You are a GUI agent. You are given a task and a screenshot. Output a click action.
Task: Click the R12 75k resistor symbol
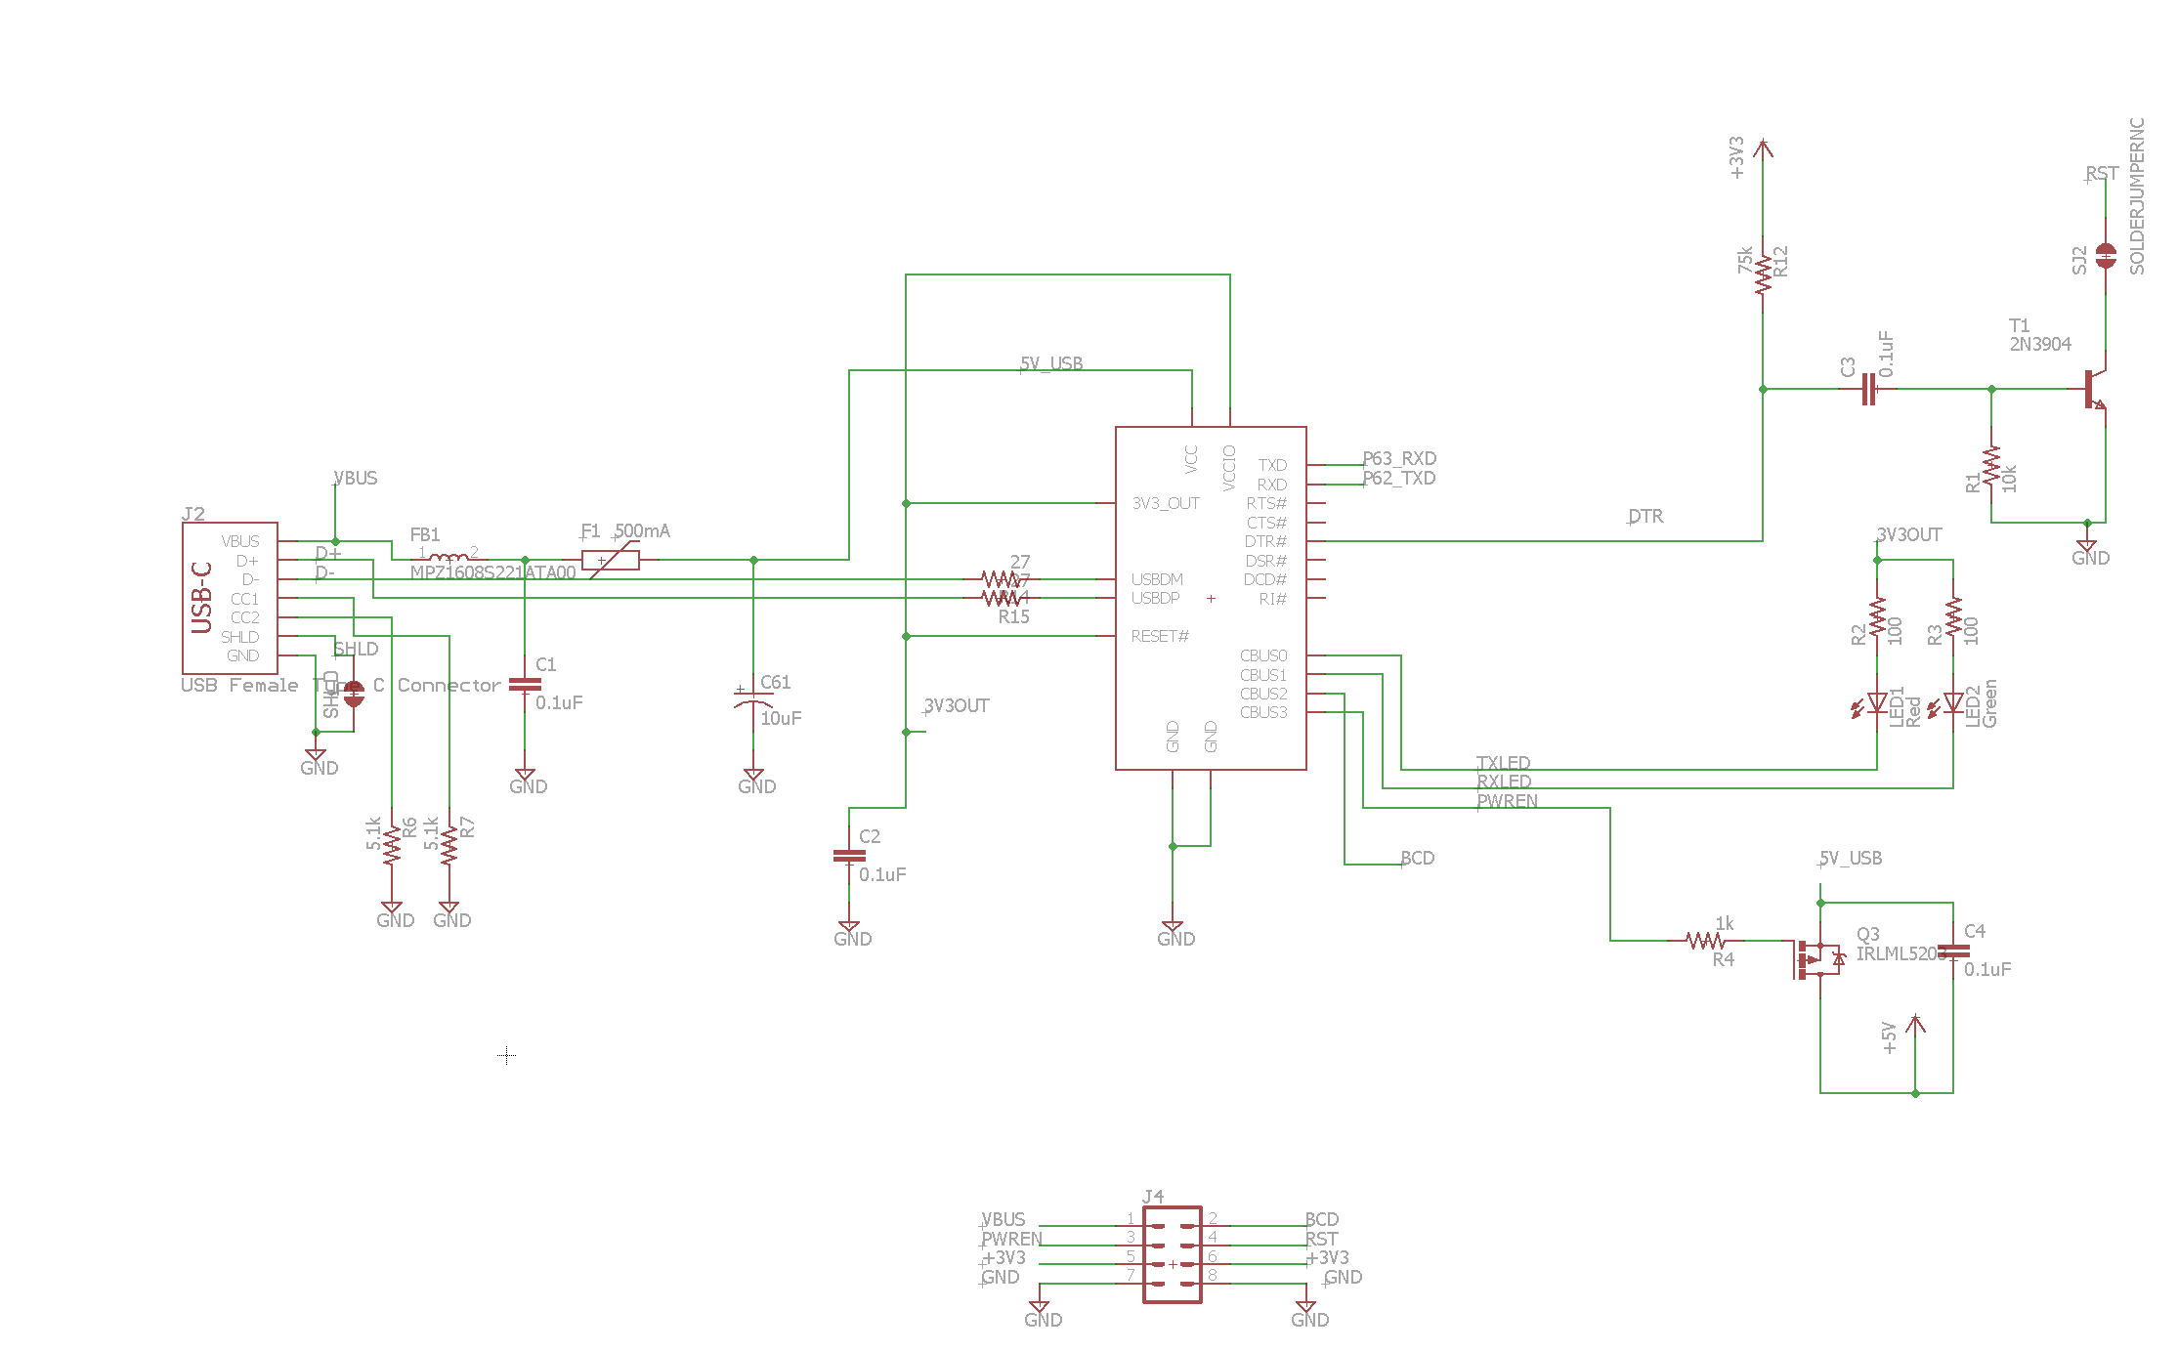click(1763, 275)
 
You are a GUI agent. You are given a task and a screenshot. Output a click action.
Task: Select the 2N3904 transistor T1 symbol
click(2093, 389)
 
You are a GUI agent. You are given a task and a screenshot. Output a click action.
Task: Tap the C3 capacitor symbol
click(1868, 389)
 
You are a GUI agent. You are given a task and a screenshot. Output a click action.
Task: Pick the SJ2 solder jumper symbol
click(2106, 256)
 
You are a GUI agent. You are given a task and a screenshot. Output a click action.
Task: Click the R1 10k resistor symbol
click(1991, 471)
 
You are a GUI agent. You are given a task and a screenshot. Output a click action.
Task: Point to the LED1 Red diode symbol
click(1876, 703)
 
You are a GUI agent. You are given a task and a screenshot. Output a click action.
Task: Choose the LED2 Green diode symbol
click(1952, 703)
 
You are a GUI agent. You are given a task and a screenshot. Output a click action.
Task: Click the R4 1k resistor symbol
click(1705, 941)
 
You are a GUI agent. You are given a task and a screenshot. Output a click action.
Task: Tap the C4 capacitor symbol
click(1952, 951)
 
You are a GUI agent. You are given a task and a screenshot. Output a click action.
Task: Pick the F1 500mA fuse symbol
click(611, 560)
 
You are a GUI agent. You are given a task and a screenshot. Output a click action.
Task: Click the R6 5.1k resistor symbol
click(392, 846)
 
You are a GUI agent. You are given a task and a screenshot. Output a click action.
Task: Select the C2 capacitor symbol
click(849, 856)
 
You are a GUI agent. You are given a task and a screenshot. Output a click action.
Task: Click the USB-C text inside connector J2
click(202, 597)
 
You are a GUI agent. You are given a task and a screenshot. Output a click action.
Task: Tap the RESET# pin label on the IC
click(1160, 636)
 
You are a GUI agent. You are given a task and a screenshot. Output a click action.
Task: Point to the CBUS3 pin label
click(1263, 712)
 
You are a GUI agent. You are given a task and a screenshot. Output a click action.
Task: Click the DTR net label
click(1645, 516)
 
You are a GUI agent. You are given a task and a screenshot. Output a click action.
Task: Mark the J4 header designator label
click(1153, 1196)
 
